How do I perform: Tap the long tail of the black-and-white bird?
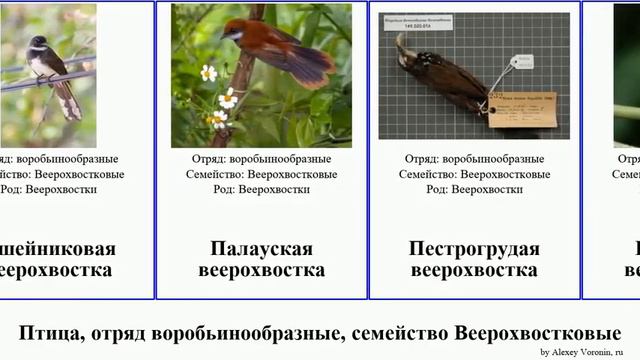[x=68, y=100]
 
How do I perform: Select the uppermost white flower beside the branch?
[x=208, y=72]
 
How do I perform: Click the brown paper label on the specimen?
[x=522, y=108]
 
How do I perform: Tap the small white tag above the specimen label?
[x=521, y=62]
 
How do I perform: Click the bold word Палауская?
[x=261, y=249]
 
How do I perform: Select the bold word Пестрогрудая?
[x=474, y=249]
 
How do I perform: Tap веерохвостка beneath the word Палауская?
[x=261, y=270]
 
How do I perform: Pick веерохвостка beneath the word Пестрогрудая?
[x=474, y=270]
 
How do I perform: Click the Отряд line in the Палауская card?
[x=261, y=159]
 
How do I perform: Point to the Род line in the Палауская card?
[x=261, y=189]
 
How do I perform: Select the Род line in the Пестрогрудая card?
[x=475, y=189]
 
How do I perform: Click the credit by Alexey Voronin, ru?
[x=587, y=352]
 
